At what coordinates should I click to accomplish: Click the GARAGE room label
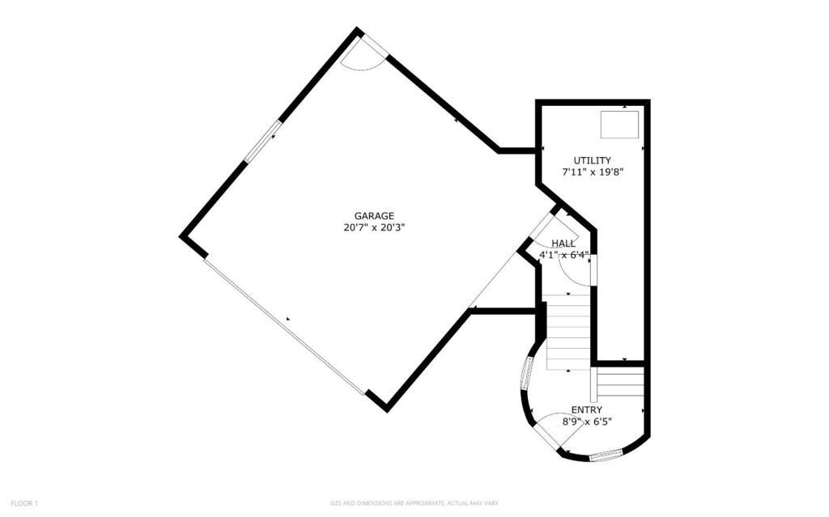[x=374, y=216]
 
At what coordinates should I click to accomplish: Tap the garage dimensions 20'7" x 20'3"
[x=374, y=228]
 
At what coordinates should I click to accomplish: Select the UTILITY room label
[x=593, y=160]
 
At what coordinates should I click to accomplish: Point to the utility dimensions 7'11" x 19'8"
[x=593, y=172]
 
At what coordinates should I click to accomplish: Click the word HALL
[x=563, y=244]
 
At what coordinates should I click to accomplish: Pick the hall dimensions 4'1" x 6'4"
[x=563, y=255]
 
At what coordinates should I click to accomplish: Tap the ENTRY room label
[x=586, y=409]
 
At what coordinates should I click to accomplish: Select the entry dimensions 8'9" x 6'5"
[x=586, y=422]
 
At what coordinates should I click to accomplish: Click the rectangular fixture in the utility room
[x=619, y=125]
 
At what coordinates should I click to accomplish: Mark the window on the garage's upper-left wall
[x=263, y=141]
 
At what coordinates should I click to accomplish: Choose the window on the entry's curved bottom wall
[x=606, y=456]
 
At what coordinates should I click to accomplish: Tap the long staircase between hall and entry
[x=568, y=333]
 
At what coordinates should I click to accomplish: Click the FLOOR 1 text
[x=24, y=503]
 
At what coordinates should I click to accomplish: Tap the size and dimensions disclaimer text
[x=414, y=503]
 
